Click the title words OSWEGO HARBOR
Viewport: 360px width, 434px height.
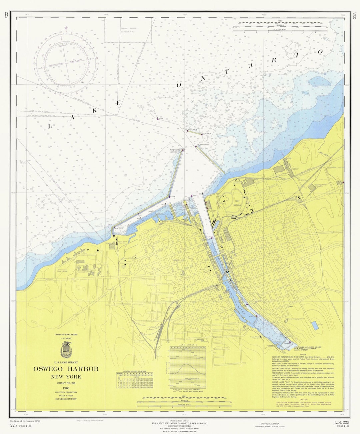pos(66,369)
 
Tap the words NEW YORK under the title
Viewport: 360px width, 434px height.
pos(66,377)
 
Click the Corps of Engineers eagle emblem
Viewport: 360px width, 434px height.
pos(66,350)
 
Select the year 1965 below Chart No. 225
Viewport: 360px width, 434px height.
pos(66,388)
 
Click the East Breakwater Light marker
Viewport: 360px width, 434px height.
pos(196,146)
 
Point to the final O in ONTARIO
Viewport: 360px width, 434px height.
pos(320,51)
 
